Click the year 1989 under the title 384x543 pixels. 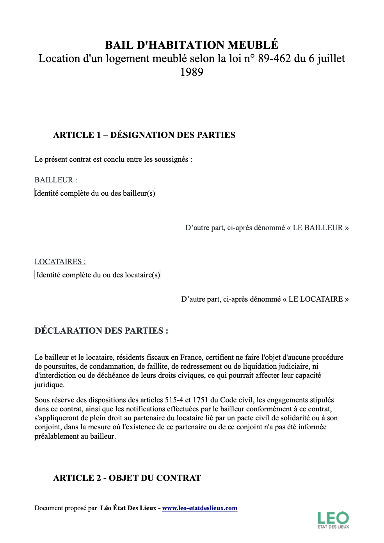click(192, 72)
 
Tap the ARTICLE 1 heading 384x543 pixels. click(144, 135)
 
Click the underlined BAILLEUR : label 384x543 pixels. click(56, 180)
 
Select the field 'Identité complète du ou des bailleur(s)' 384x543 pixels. click(95, 193)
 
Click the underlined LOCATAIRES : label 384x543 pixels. click(60, 262)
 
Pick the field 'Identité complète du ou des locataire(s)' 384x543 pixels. click(98, 275)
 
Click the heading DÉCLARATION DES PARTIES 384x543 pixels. click(101, 331)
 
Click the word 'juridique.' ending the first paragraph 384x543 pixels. click(50, 385)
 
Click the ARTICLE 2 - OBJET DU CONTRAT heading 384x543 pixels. click(127, 478)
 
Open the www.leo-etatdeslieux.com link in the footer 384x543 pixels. click(200, 508)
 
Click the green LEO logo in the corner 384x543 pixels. click(333, 520)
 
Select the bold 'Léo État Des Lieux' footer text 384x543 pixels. click(128, 508)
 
